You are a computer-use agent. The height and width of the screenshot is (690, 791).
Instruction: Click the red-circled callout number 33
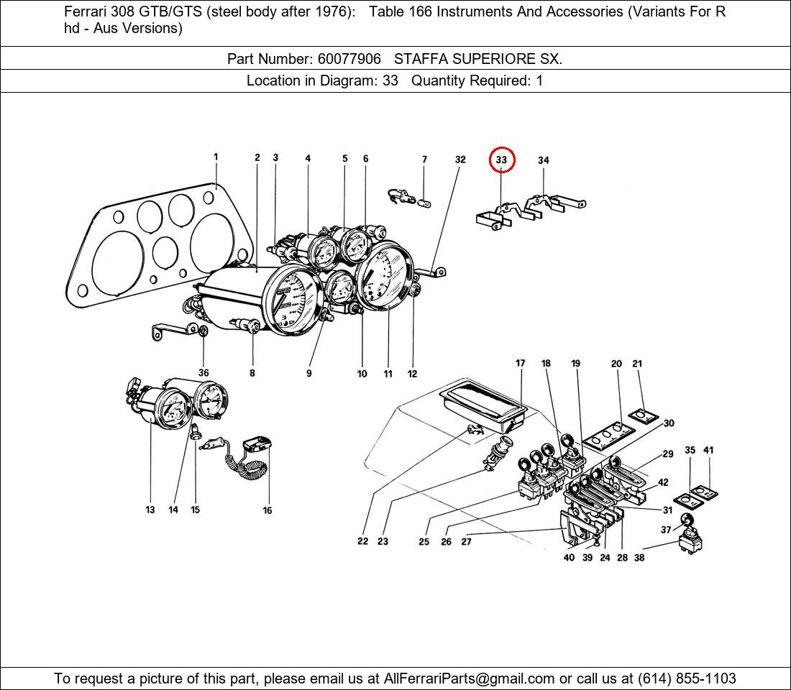pos(501,160)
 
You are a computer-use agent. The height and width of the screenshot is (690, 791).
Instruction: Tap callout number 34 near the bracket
pos(543,160)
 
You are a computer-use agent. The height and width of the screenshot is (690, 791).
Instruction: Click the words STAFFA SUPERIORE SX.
pos(478,59)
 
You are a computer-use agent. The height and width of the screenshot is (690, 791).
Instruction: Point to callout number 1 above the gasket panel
pos(216,157)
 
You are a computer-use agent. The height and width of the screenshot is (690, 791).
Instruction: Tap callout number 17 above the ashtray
pos(520,364)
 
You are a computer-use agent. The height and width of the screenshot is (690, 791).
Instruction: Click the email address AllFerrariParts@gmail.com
pos(470,678)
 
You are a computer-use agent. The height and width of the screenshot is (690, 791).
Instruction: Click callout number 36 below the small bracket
pos(204,373)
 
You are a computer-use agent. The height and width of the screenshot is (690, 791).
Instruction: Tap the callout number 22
pos(362,541)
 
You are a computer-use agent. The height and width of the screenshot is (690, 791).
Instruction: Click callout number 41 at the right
pos(708,451)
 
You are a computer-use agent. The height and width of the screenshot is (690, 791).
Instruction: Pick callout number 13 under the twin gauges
pos(150,510)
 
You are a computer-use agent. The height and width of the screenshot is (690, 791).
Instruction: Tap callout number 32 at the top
pos(460,160)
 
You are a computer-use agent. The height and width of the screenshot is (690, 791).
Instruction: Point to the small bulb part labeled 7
pos(424,203)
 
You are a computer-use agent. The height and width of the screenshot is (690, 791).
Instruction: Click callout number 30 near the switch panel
pos(669,423)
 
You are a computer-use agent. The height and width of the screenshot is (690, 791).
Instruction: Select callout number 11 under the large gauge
pos(388,374)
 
